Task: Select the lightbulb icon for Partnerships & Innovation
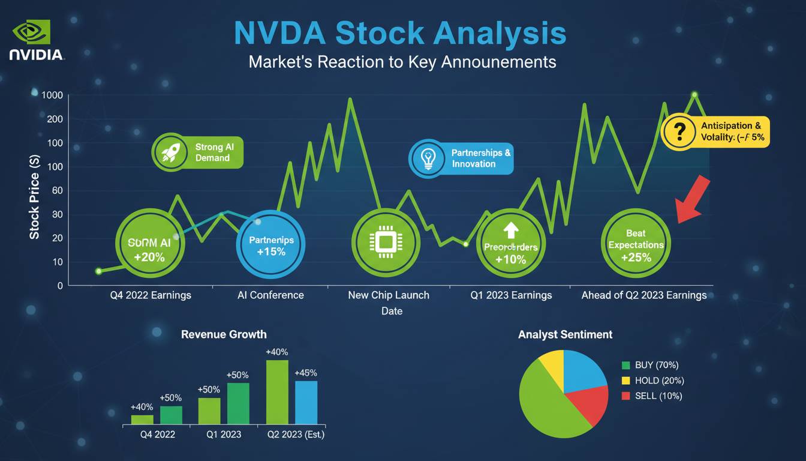click(x=427, y=158)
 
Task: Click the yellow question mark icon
click(x=679, y=131)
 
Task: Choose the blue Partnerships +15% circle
click(x=271, y=245)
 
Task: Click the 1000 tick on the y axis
click(x=52, y=95)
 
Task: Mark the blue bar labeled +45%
click(x=306, y=402)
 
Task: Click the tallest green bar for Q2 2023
click(x=277, y=392)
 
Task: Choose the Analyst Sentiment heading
click(x=565, y=334)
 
